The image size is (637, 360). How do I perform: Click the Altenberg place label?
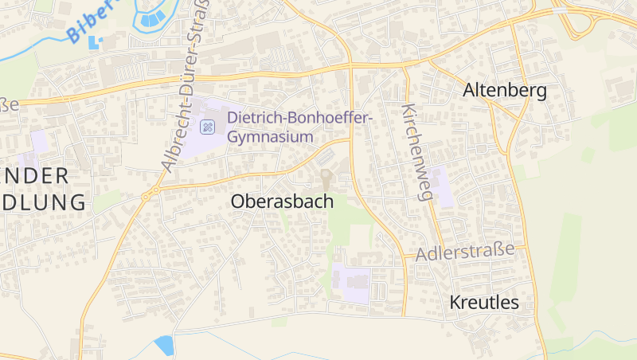click(x=505, y=91)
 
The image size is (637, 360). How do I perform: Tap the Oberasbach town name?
click(x=282, y=202)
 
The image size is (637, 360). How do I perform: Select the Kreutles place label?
click(x=483, y=303)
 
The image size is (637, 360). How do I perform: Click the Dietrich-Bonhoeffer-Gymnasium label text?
click(x=299, y=127)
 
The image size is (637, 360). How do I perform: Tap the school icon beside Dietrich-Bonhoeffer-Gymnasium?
click(x=207, y=126)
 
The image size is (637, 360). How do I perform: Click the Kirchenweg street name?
click(x=416, y=151)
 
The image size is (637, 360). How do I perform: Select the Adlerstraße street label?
click(x=465, y=252)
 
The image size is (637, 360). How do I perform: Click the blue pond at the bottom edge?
click(x=164, y=345)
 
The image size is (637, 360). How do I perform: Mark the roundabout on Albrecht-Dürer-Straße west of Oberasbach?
click(x=147, y=194)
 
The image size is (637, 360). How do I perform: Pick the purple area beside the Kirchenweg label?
click(x=443, y=188)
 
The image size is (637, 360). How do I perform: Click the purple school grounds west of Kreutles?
click(x=351, y=280)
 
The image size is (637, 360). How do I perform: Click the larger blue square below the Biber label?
click(x=96, y=41)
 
